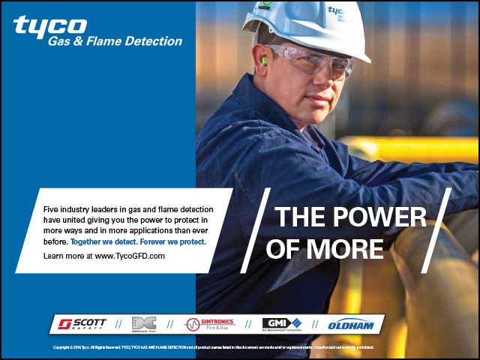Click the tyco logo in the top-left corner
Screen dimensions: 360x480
coord(49,25)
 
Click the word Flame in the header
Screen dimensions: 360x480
coord(110,41)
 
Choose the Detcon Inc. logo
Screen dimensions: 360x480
coord(143,324)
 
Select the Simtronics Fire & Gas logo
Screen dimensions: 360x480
coord(211,323)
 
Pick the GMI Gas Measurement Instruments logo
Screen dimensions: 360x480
coord(280,324)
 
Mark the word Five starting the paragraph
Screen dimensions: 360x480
coord(52,208)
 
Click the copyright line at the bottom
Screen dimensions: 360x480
coord(214,348)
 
